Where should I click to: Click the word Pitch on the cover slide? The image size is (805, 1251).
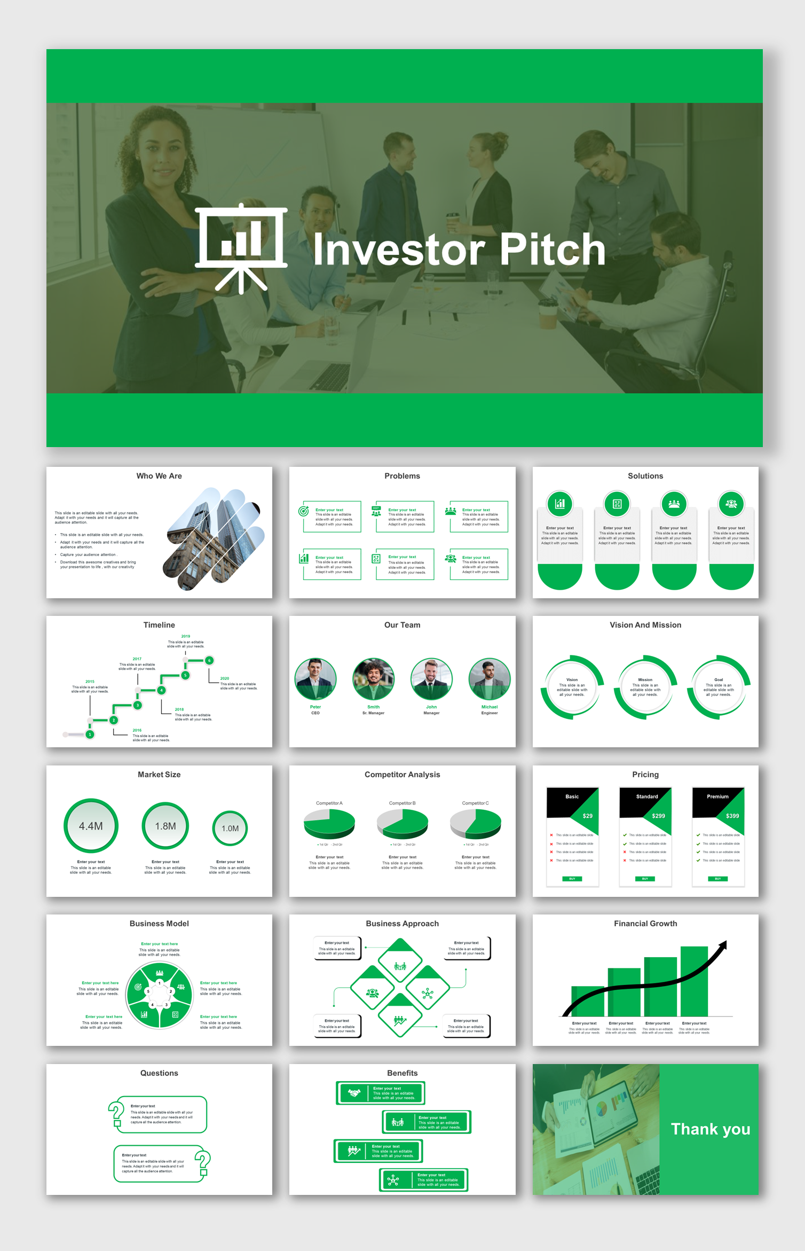[x=552, y=249]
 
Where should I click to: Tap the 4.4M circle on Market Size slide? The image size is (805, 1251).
[x=91, y=826]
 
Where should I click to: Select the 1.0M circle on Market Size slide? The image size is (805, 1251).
[x=230, y=828]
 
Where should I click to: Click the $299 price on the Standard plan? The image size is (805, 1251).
[x=658, y=816]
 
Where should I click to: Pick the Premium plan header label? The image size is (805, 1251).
[x=717, y=796]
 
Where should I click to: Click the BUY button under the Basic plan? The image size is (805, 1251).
[x=572, y=879]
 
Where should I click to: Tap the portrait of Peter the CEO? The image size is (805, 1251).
[x=315, y=679]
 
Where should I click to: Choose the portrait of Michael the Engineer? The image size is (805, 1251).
[x=489, y=679]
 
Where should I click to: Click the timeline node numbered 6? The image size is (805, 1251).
[x=209, y=660]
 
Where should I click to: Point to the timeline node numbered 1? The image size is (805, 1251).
[x=90, y=734]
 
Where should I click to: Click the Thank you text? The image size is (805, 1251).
[x=710, y=1129]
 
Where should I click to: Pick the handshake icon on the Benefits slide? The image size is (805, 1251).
[x=354, y=1093]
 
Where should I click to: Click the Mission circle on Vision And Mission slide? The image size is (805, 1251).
[x=645, y=687]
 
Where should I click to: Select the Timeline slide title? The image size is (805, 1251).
[x=159, y=625]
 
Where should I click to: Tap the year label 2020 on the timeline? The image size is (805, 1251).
[x=225, y=678]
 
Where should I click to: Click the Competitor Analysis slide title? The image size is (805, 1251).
[x=402, y=775]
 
